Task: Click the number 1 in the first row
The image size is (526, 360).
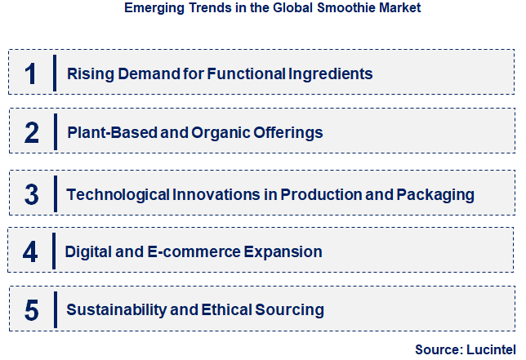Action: pyautogui.click(x=30, y=74)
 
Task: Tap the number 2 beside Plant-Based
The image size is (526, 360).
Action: pyautogui.click(x=31, y=133)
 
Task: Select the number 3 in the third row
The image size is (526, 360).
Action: pyautogui.click(x=32, y=195)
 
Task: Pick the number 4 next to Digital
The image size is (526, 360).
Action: pyautogui.click(x=30, y=251)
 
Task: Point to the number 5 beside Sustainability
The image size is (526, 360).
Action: pyautogui.click(x=32, y=310)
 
